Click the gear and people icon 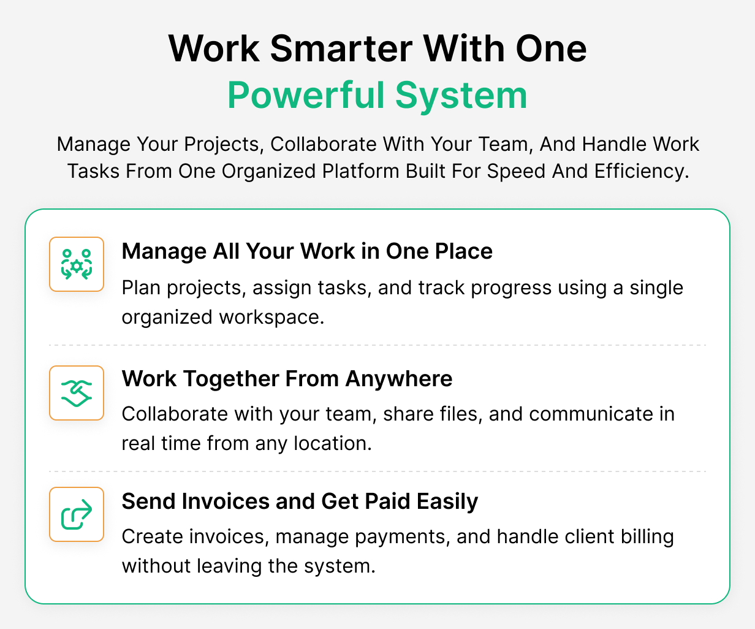click(x=77, y=264)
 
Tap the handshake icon click(x=77, y=393)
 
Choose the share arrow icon click(x=77, y=514)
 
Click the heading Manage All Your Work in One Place click(x=307, y=251)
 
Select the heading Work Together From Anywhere click(x=287, y=379)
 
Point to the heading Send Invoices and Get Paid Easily click(x=300, y=501)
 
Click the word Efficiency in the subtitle click(x=642, y=171)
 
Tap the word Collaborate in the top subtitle click(x=324, y=144)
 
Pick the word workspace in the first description click(x=271, y=318)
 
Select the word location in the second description click(x=333, y=443)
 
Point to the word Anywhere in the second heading click(x=399, y=379)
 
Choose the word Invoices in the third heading click(x=226, y=501)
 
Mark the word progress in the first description click(x=511, y=289)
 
